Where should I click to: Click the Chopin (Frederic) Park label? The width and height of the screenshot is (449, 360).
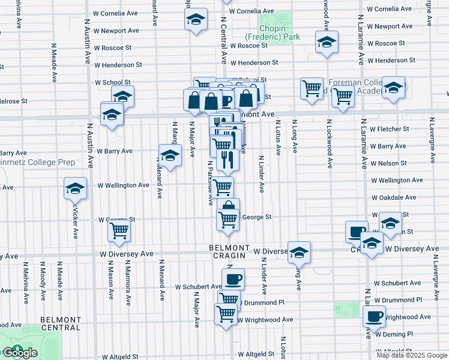(280, 32)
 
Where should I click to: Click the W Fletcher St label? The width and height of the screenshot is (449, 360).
(389, 129)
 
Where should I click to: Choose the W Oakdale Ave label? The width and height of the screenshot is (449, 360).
(394, 197)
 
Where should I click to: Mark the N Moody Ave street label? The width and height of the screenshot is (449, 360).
(43, 277)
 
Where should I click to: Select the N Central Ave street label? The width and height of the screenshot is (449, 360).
(223, 41)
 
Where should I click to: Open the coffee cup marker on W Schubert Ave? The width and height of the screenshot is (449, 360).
(233, 278)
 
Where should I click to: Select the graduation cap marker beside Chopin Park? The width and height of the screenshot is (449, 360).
(327, 41)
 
